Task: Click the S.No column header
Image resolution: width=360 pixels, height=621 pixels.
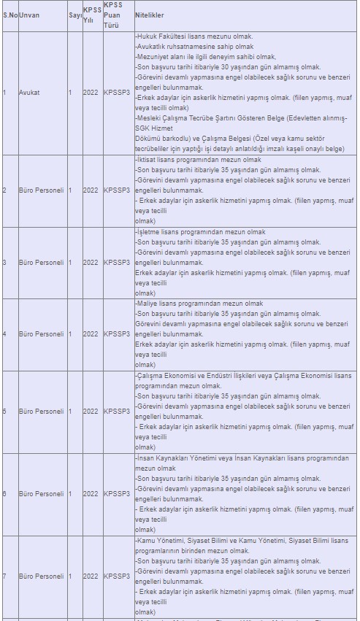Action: point(9,15)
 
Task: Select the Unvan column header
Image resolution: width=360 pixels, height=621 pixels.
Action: point(29,15)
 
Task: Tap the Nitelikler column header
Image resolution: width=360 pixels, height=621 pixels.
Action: point(150,15)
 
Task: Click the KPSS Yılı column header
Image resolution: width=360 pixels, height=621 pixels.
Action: point(92,15)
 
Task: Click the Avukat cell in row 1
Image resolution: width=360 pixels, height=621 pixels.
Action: point(29,93)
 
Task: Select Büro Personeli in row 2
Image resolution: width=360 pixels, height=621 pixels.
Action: point(42,190)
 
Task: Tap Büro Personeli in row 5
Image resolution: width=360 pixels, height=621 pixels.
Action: point(42,412)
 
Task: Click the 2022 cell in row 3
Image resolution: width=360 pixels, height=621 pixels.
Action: point(90,262)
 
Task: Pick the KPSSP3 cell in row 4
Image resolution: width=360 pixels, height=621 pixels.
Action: point(117,334)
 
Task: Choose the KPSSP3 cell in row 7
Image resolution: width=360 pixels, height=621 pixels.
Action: point(117,576)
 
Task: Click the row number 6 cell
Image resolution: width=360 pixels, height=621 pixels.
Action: point(4,494)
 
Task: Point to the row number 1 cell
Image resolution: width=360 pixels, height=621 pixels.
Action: point(4,93)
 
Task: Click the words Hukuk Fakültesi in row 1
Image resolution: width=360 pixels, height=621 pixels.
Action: point(161,36)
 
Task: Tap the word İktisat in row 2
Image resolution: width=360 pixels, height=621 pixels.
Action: point(147,160)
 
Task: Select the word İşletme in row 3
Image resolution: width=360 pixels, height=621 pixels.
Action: point(149,231)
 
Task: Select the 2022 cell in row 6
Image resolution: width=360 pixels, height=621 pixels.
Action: point(90,494)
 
